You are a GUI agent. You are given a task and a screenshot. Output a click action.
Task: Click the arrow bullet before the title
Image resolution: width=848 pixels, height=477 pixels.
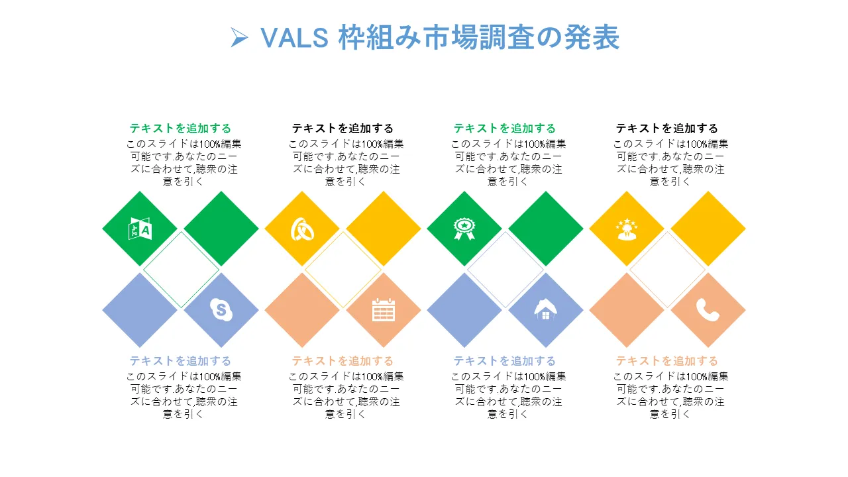click(239, 38)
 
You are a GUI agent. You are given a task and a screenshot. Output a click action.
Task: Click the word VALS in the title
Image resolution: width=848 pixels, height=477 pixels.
click(295, 38)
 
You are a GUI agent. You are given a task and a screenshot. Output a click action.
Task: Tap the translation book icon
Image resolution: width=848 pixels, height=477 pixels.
click(140, 229)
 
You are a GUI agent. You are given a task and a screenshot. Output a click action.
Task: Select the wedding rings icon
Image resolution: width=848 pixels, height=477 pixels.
click(302, 229)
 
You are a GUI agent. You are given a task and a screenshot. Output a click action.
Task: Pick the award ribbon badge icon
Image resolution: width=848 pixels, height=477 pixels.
click(464, 229)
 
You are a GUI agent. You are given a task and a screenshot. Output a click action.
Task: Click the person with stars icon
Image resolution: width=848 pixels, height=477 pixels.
click(627, 229)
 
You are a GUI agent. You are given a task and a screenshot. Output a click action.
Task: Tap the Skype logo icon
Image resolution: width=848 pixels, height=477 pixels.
click(221, 309)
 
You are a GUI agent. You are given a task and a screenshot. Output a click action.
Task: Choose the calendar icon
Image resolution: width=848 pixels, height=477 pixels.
click(384, 310)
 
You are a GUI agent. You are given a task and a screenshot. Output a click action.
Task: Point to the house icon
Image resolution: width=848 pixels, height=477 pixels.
click(545, 309)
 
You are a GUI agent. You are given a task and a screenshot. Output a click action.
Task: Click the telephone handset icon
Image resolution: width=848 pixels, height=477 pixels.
click(708, 310)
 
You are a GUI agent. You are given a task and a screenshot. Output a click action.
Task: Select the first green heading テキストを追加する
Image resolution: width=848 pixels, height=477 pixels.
click(180, 129)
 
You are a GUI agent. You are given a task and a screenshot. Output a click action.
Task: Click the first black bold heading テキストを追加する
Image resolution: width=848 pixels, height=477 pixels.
click(343, 129)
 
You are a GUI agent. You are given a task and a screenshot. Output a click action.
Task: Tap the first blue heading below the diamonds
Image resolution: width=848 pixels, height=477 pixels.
click(180, 361)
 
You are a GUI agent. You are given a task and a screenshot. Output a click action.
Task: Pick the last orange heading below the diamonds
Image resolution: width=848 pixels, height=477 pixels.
click(667, 361)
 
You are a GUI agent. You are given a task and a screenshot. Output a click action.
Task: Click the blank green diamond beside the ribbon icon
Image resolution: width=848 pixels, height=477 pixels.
click(545, 229)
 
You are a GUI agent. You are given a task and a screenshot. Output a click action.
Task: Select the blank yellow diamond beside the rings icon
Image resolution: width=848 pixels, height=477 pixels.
click(384, 229)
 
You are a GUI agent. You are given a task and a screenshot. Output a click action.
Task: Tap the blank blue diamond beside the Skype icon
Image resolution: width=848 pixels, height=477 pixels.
click(140, 310)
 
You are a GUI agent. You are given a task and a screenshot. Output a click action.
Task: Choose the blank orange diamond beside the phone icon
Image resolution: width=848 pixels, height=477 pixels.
click(627, 310)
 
